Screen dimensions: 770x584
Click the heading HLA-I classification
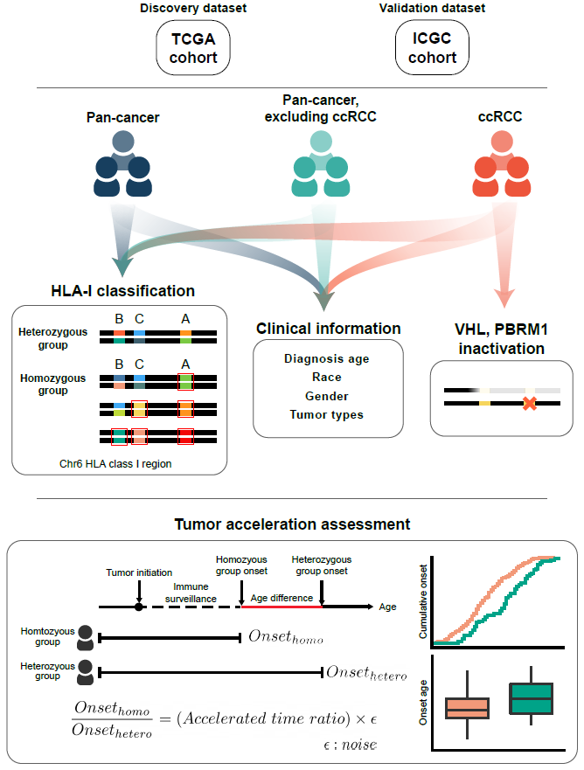coord(122,290)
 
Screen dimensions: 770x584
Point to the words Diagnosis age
coord(327,358)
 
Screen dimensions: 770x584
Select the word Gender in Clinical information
coord(327,395)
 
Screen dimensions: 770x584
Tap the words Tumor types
coord(327,413)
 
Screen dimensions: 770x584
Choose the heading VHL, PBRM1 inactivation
coord(502,339)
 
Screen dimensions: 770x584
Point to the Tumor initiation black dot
coord(138,606)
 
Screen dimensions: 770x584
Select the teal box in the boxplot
coord(531,699)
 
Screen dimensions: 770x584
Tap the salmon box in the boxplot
coord(467,708)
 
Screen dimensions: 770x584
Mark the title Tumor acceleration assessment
coord(292,524)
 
